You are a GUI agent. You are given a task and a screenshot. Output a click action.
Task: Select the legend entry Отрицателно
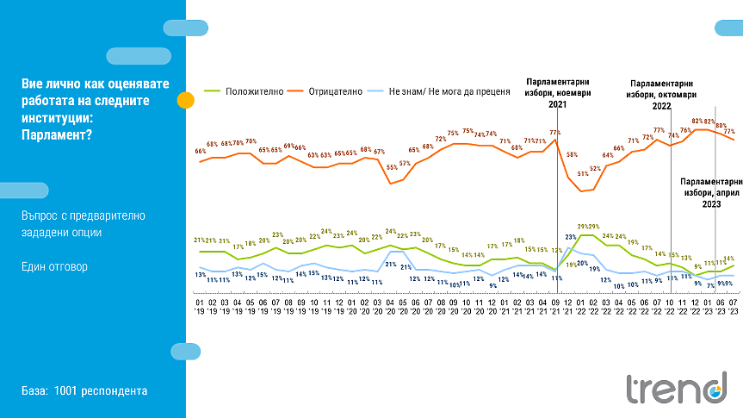click(333, 90)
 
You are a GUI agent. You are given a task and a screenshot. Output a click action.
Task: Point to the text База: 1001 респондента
click(84, 391)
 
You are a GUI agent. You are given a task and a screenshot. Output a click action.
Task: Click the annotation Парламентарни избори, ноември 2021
click(555, 92)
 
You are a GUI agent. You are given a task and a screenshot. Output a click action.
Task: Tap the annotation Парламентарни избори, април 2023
click(711, 193)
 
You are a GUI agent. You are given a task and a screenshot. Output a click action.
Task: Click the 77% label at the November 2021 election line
click(555, 133)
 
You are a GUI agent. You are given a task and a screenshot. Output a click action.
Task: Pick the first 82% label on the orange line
click(697, 122)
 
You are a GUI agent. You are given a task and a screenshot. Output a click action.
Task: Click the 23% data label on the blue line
click(570, 237)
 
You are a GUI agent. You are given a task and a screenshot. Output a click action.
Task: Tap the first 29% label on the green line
click(581, 227)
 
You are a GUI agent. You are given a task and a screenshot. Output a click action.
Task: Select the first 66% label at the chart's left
click(200, 152)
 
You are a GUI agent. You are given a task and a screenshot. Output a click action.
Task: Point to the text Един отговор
click(54, 267)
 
